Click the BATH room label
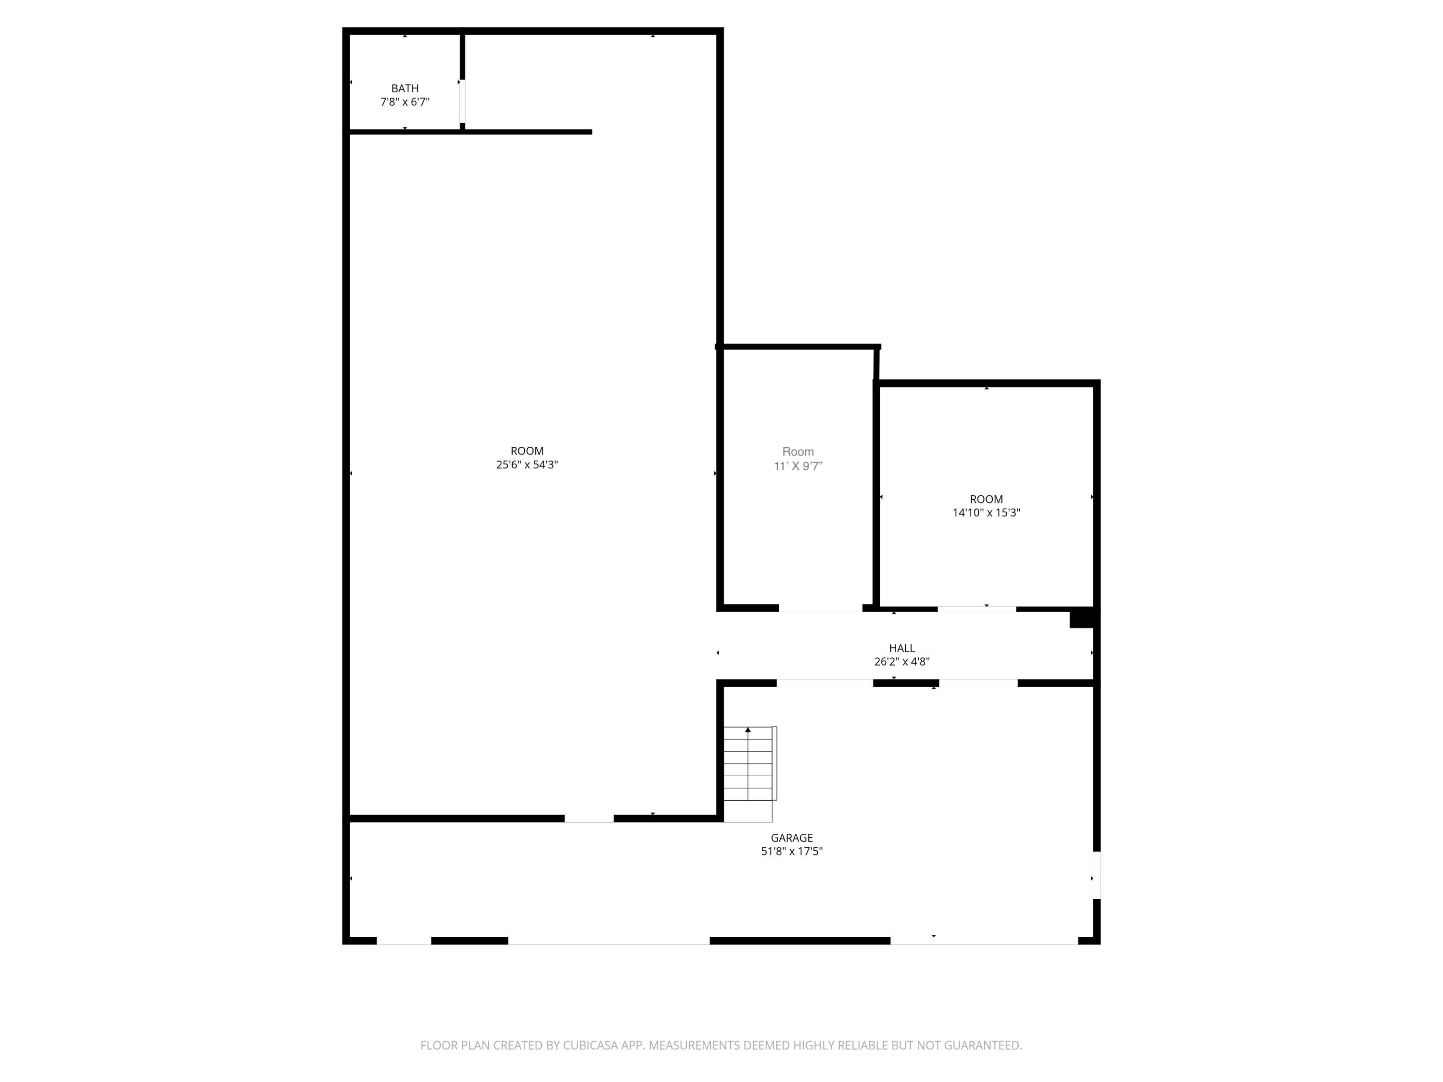[x=405, y=88]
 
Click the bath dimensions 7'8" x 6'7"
[x=405, y=102]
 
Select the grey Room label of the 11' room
[x=798, y=452]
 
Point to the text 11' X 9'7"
[x=798, y=466]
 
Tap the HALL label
[x=901, y=648]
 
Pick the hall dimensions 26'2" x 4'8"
[x=901, y=661]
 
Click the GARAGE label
[x=791, y=837]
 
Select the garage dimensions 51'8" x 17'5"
[x=791, y=851]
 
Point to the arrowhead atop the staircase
[x=747, y=730]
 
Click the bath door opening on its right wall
[x=462, y=101]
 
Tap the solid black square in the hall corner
[x=1081, y=617]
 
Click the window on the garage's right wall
[x=1096, y=875]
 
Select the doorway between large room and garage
[x=588, y=818]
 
